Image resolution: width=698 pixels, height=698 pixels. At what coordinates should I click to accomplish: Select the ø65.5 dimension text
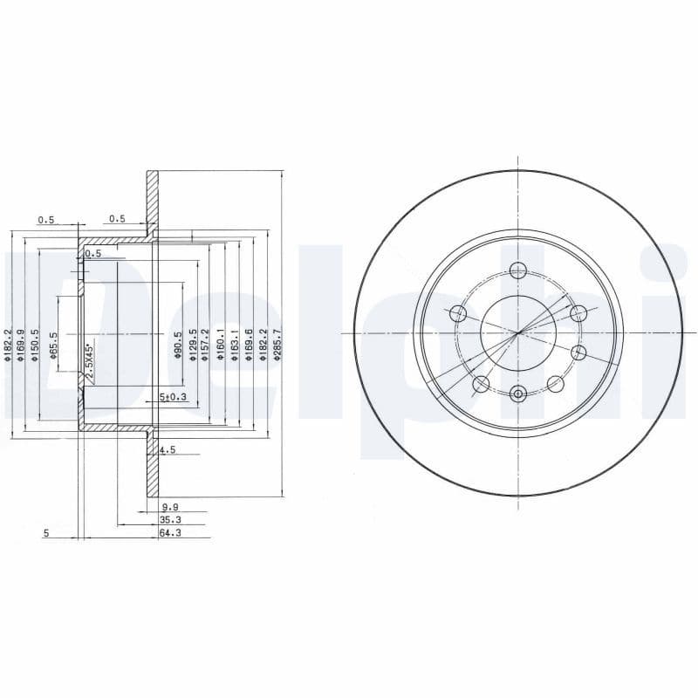[x=53, y=346]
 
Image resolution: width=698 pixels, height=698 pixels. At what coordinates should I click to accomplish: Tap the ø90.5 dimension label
[x=179, y=345]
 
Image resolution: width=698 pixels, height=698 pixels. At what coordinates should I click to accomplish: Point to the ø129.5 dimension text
[x=193, y=344]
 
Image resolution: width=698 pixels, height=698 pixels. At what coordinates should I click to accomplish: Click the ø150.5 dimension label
[x=36, y=344]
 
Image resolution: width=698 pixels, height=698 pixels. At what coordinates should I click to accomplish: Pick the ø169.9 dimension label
[x=22, y=344]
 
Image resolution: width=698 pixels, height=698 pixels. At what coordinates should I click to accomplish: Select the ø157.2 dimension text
[x=207, y=344]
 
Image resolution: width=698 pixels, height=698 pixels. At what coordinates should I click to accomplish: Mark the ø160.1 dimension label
[x=222, y=344]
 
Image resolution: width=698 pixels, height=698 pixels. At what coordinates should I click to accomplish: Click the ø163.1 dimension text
[x=236, y=344]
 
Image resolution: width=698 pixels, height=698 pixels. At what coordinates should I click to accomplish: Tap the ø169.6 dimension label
[x=250, y=344]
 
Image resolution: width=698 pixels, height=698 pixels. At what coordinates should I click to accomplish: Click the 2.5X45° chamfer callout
[x=89, y=360]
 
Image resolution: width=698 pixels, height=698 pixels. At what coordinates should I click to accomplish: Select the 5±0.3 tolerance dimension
[x=173, y=398]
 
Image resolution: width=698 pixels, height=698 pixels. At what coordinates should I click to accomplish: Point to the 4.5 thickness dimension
[x=168, y=450]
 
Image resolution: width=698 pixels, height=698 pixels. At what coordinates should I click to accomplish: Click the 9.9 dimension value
[x=169, y=507]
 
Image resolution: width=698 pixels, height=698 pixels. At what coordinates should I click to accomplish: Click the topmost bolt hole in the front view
[x=518, y=270]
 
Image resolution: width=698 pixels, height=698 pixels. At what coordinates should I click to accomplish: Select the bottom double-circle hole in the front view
[x=518, y=394]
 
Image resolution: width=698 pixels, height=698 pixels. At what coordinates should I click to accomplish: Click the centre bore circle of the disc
[x=518, y=332]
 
